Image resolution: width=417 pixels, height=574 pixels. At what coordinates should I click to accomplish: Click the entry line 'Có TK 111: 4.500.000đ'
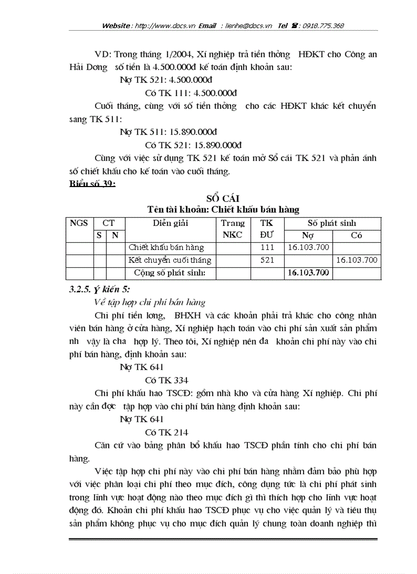coord(191,93)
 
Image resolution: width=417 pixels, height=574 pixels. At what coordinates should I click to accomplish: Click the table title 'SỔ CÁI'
coord(223,198)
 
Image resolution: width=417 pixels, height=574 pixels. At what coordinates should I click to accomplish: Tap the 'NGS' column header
coord(79,223)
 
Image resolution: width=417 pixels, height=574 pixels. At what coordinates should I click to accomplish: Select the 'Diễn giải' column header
coord(171,223)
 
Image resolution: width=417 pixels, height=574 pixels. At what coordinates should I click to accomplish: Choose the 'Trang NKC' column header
coord(233,229)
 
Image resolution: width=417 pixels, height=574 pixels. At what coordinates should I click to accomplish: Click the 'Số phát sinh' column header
coord(332,223)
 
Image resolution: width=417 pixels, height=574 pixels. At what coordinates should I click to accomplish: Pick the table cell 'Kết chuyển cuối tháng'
coord(170,260)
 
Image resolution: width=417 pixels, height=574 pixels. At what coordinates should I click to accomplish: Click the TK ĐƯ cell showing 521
coord(267,260)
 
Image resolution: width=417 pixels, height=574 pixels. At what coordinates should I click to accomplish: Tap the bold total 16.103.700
coord(308,273)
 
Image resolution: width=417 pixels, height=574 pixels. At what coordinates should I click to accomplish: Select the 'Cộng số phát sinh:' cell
coord(170,273)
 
